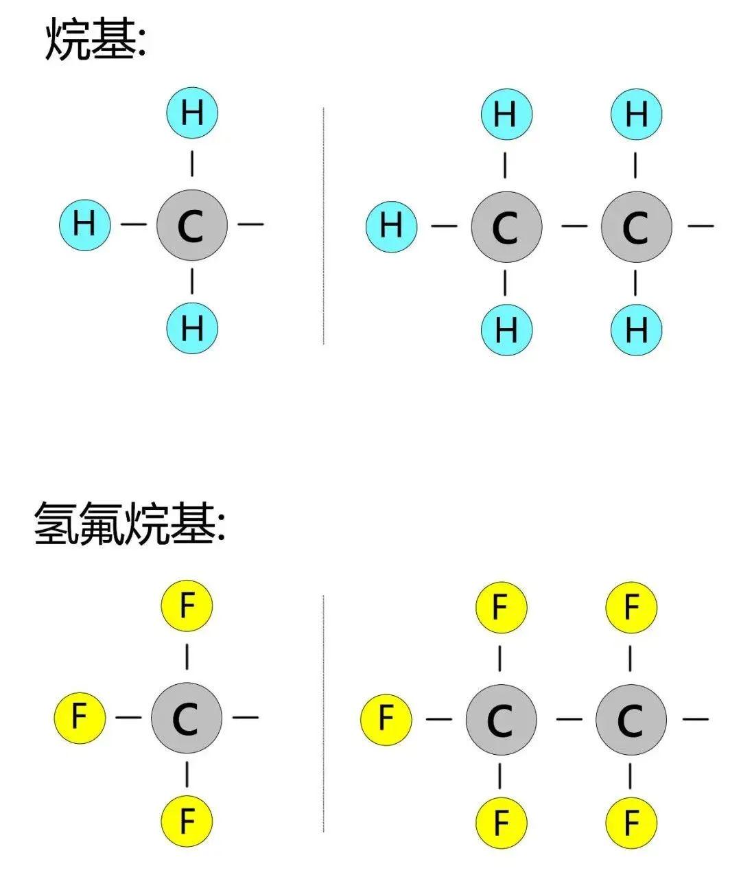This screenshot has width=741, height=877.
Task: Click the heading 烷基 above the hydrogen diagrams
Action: tap(95, 40)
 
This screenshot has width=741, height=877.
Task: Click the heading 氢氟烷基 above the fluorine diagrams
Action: tap(129, 524)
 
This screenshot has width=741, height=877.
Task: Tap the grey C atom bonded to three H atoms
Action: tap(191, 224)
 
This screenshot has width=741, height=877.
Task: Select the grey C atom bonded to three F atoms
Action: tap(186, 718)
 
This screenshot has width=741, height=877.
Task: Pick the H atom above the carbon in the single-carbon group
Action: tap(192, 113)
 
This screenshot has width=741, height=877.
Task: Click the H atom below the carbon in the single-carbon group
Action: tap(192, 328)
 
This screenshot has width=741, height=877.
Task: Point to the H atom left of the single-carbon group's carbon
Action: tap(84, 224)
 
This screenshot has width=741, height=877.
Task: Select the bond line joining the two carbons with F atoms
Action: tap(569, 719)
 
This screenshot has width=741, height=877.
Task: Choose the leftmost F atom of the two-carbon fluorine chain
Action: tap(386, 718)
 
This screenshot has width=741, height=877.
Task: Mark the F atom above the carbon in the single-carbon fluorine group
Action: tap(187, 606)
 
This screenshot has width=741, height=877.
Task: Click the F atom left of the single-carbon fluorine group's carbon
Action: tap(80, 717)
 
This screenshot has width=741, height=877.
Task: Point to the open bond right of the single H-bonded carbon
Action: tap(250, 224)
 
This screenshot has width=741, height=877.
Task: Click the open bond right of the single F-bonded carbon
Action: tap(246, 718)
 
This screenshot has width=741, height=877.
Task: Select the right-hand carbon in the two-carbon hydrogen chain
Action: tap(636, 226)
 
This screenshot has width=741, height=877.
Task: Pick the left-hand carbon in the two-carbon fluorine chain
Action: tap(500, 719)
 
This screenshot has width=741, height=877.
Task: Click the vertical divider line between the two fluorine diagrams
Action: tap(323, 714)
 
